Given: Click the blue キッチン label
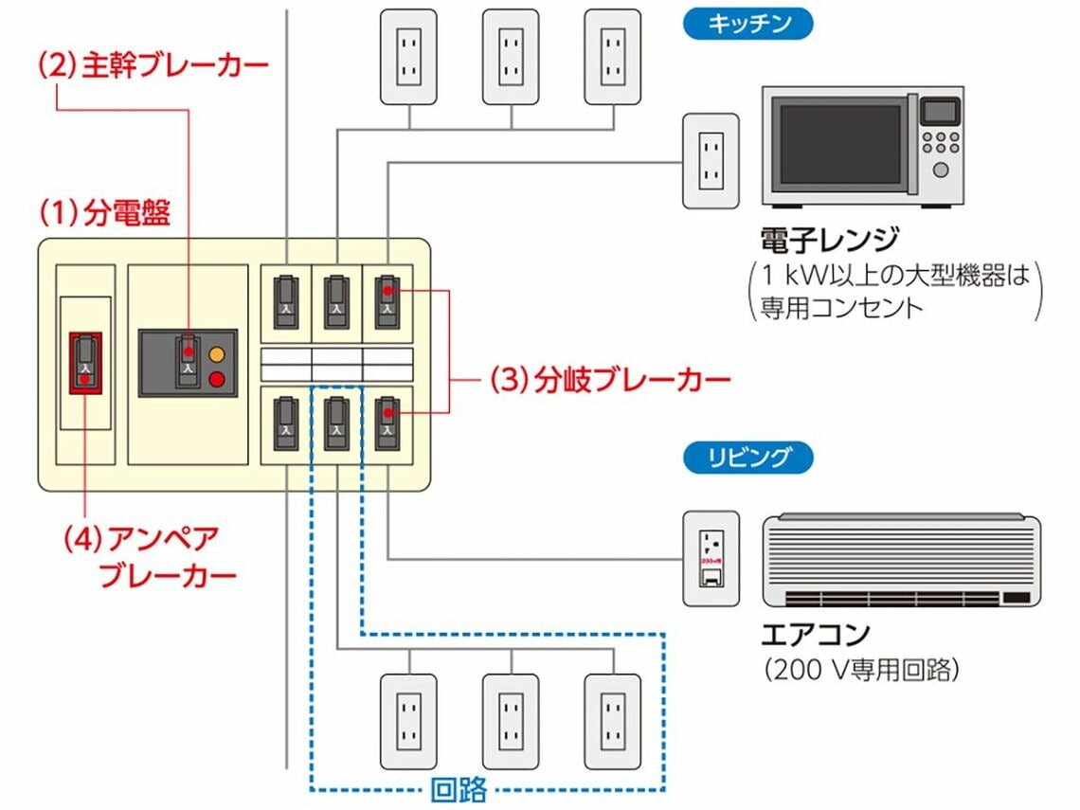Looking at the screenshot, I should (747, 24).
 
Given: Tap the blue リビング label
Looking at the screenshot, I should (747, 458).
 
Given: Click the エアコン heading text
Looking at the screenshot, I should (815, 634).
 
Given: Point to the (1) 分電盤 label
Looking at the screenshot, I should (104, 213).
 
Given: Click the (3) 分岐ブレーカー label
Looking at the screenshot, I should (610, 381).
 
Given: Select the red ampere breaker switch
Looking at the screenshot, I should (86, 362).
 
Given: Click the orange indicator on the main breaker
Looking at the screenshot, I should (217, 355).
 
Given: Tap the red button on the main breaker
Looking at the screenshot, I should (217, 381).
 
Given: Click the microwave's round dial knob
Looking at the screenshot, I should (941, 170).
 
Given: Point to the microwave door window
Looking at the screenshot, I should (839, 144).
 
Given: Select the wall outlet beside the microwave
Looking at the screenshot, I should (711, 160).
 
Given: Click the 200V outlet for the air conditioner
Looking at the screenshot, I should (711, 559).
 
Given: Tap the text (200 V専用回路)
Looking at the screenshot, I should (861, 671).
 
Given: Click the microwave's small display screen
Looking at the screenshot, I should (940, 112).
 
